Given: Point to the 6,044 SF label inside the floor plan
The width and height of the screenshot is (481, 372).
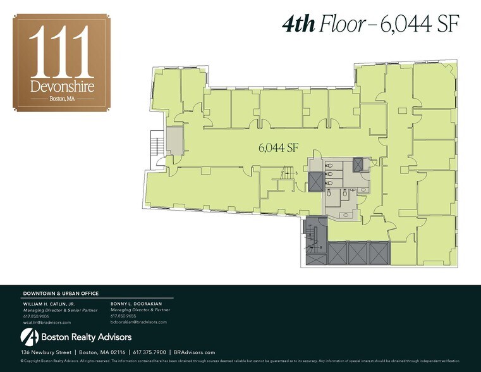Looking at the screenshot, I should [x=278, y=147].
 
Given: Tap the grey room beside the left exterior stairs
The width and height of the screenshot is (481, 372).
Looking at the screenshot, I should [x=174, y=141].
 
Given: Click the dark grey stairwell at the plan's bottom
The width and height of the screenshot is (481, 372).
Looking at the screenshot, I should [x=314, y=242].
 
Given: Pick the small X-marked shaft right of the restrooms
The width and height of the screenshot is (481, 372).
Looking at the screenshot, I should [x=360, y=164].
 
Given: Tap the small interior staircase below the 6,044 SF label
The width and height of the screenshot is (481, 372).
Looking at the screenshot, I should [x=288, y=171].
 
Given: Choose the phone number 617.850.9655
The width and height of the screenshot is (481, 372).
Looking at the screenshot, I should [x=123, y=316].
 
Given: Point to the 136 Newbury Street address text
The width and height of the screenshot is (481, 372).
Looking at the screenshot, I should [x=46, y=352].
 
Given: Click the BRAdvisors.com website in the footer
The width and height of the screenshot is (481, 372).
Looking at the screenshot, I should [x=194, y=352].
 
